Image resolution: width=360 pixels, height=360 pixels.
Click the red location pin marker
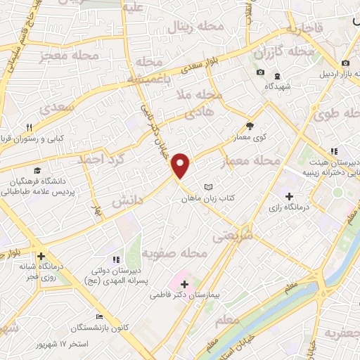click(181, 165)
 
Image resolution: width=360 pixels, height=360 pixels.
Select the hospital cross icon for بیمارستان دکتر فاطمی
click(185, 285)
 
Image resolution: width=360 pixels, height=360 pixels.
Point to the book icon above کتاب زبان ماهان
click(207, 187)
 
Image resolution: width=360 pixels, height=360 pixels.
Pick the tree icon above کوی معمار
click(249, 127)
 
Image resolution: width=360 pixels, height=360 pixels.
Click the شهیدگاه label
click(278, 86)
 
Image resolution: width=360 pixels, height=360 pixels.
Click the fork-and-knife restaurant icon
click(28, 127)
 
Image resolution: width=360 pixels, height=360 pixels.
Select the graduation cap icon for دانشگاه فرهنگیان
click(36, 169)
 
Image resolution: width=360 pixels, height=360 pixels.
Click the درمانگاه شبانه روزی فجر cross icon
click(41, 256)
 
